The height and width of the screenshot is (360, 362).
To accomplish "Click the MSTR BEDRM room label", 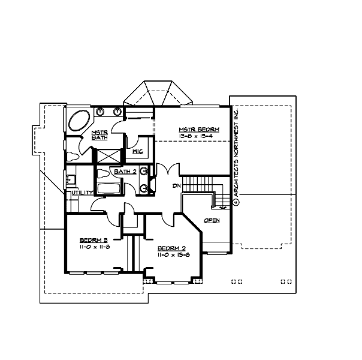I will pyautogui.click(x=198, y=129).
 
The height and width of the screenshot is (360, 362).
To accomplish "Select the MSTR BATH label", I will pyautogui.click(x=99, y=135).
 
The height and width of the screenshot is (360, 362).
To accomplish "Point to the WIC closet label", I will pyautogui.click(x=137, y=152).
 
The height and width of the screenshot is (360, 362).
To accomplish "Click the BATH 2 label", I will pyautogui.click(x=125, y=172).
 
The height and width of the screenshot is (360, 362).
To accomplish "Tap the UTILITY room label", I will pyautogui.click(x=82, y=193).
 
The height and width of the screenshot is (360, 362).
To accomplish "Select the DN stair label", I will pyautogui.click(x=176, y=185).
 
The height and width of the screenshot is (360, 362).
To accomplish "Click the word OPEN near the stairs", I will pyautogui.click(x=212, y=220).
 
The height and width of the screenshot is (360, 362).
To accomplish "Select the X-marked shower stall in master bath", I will pyautogui.click(x=110, y=154).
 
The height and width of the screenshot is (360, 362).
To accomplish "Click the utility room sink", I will pyautogui.click(x=70, y=178).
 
